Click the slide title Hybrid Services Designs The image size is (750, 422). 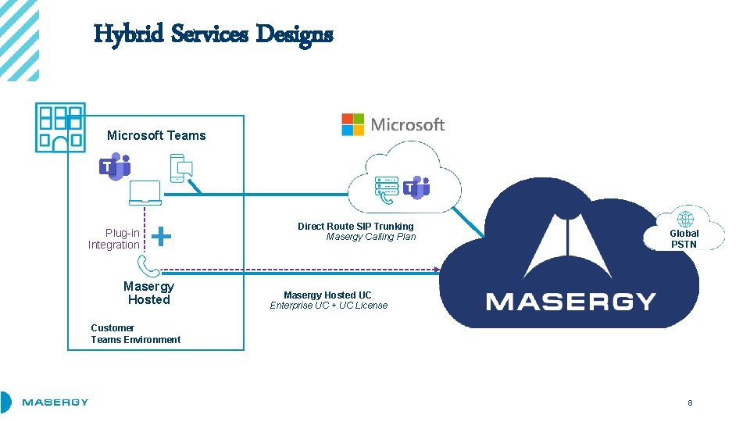click(213, 34)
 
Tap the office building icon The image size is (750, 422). click(61, 127)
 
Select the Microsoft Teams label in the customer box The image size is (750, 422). click(156, 135)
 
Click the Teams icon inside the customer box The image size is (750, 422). click(115, 167)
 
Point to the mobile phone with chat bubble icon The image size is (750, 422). click(181, 168)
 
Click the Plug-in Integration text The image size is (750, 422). click(114, 239)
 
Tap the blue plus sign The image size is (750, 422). click(161, 235)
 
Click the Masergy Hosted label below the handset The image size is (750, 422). click(148, 293)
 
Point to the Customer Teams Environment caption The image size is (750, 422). click(135, 334)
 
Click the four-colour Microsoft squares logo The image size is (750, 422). click(352, 124)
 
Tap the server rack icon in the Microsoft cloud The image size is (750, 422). click(387, 187)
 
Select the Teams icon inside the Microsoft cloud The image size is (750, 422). click(416, 188)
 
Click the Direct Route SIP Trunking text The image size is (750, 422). click(355, 226)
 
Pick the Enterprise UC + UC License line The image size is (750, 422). click(328, 306)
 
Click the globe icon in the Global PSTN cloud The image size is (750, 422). click(685, 220)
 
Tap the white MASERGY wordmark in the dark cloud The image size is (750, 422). click(570, 301)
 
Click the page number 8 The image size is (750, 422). click(690, 403)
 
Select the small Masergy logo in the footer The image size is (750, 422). click(55, 402)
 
